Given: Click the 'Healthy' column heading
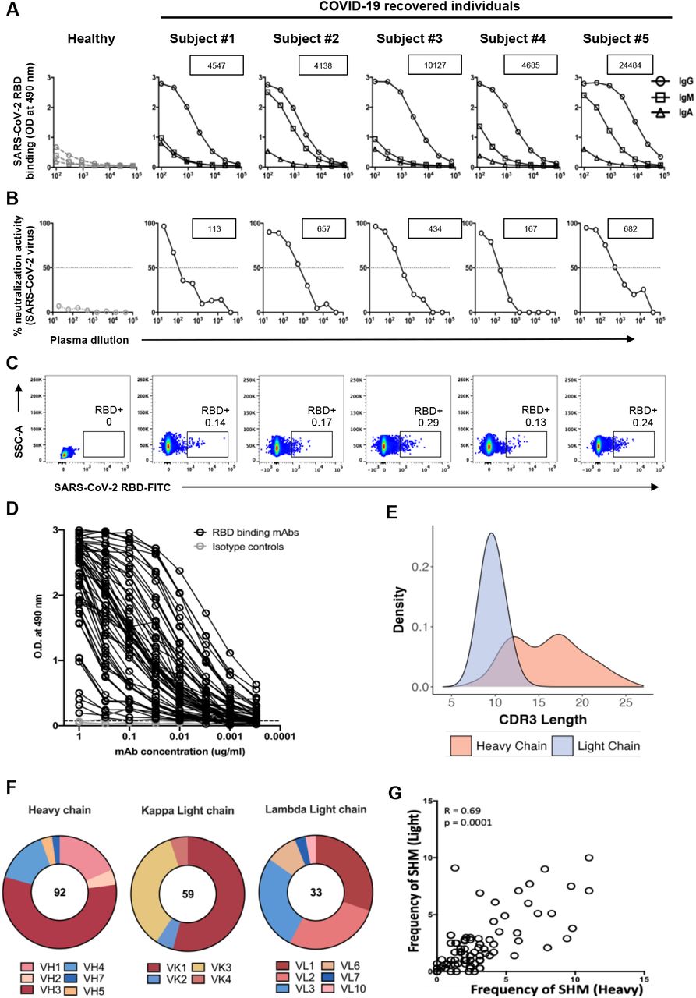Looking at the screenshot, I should (90, 39).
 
